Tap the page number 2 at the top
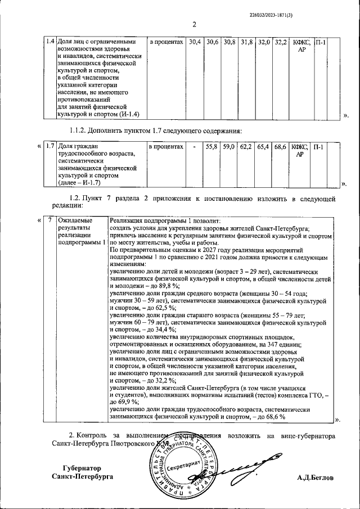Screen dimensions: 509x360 (194, 24)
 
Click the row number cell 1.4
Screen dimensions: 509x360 (49, 42)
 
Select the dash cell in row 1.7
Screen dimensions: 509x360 (194, 147)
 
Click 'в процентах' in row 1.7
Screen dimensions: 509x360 (166, 147)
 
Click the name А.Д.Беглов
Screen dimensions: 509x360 (316, 477)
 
